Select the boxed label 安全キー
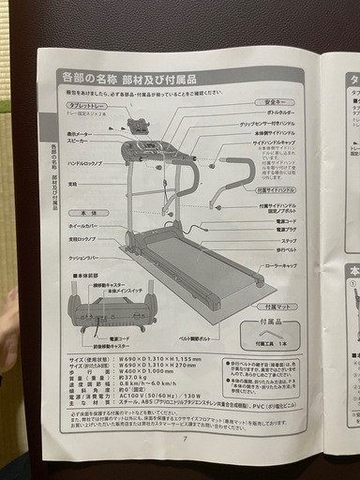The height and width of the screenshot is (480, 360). tap(282, 101)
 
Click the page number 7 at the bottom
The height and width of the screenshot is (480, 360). tap(186, 438)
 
